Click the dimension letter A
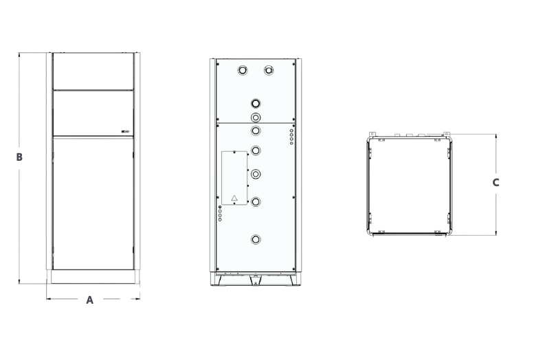tap(89, 300)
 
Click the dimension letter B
tap(19, 157)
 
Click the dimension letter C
tap(496, 183)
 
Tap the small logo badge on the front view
tap(125, 131)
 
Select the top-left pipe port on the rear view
tap(243, 71)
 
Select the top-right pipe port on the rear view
tap(268, 71)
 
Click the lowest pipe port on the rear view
tap(256, 239)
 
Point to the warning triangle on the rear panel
tap(234, 198)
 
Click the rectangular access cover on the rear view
tap(234, 178)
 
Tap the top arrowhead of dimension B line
tap(19, 54)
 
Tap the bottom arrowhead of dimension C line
tap(496, 234)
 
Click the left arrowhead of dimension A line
tap(48, 299)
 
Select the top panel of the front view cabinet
tap(93, 71)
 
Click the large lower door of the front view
tap(93, 203)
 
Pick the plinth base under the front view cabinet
tap(93, 277)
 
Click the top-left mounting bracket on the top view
tap(372, 134)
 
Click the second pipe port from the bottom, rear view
tap(256, 202)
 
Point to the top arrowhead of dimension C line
tap(496, 136)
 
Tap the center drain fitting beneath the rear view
tap(255, 280)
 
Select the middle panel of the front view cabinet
tap(93, 113)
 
